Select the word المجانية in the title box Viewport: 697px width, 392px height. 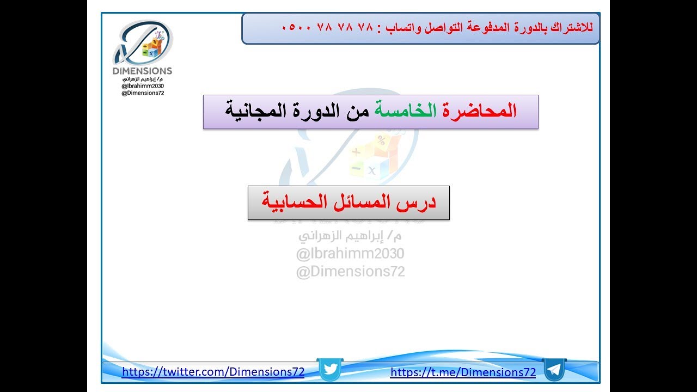[x=256, y=112]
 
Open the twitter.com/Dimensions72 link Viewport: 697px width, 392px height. [x=213, y=372]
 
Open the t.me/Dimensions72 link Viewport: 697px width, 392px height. [x=463, y=372]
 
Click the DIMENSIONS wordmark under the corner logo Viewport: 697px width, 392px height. [x=142, y=71]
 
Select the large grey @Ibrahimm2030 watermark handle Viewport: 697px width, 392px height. [x=350, y=254]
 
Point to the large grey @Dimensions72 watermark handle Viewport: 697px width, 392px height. [x=350, y=271]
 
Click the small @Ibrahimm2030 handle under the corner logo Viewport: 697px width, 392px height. [x=143, y=86]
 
